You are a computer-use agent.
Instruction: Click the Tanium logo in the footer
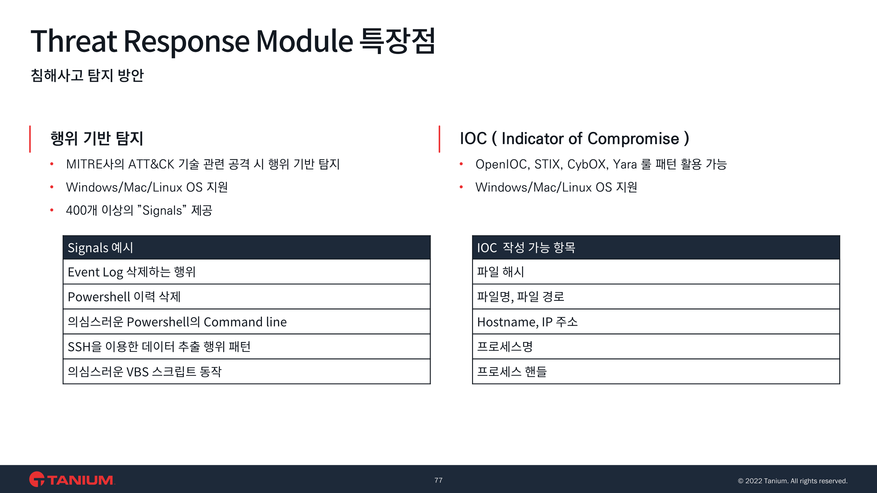(x=72, y=479)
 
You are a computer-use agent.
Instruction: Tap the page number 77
(x=438, y=480)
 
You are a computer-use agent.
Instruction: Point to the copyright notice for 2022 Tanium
(x=793, y=481)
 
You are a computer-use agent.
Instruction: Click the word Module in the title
(x=304, y=41)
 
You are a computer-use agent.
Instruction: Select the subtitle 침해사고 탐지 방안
(x=87, y=75)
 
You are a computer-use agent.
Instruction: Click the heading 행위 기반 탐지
(x=97, y=138)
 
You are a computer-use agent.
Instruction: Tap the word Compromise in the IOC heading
(x=633, y=139)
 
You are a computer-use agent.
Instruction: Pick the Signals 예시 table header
(x=246, y=247)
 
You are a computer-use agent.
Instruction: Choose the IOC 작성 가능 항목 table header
(x=656, y=247)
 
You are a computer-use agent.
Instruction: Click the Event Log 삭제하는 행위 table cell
(x=246, y=272)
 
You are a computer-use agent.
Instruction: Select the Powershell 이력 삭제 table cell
(x=246, y=297)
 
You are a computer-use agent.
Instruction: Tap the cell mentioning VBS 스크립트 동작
(x=246, y=372)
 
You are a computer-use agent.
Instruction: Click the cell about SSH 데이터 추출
(x=246, y=347)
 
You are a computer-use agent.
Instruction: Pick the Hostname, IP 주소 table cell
(x=656, y=322)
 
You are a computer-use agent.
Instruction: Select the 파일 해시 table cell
(x=656, y=272)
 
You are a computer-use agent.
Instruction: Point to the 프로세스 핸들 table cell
(x=656, y=372)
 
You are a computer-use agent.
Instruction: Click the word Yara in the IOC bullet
(x=625, y=164)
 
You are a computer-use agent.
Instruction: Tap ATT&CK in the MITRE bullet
(x=151, y=164)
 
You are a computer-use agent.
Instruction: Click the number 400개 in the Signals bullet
(x=82, y=210)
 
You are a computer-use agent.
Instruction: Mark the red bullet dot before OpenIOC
(x=461, y=164)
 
